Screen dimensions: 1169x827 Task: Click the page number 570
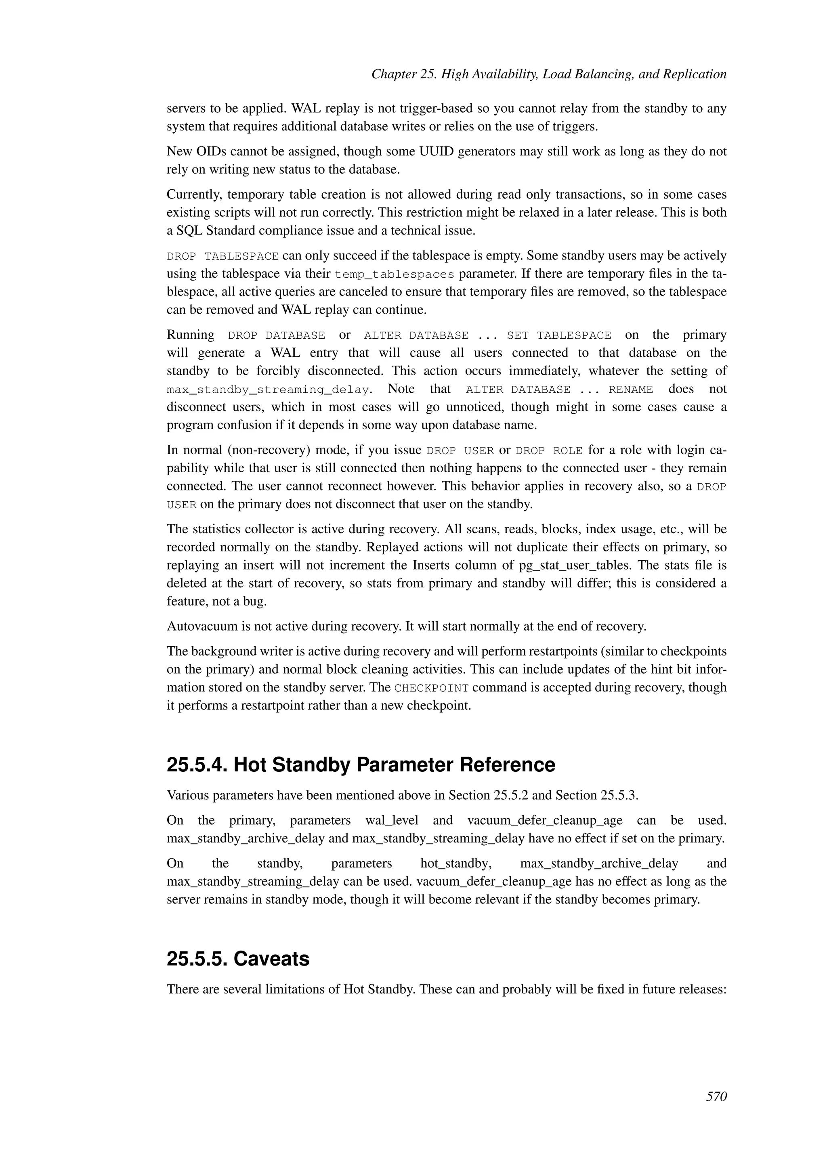[716, 1096]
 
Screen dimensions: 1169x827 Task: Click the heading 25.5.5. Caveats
[238, 959]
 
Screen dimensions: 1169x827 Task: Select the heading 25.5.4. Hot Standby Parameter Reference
[361, 765]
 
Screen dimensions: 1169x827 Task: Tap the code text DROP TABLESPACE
[222, 256]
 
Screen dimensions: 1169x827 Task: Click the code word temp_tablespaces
[394, 274]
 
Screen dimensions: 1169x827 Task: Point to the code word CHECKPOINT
[431, 688]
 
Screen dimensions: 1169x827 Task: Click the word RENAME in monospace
[630, 390]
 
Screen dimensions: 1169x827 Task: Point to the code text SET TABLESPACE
[558, 335]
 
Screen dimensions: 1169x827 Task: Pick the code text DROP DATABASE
[276, 335]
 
